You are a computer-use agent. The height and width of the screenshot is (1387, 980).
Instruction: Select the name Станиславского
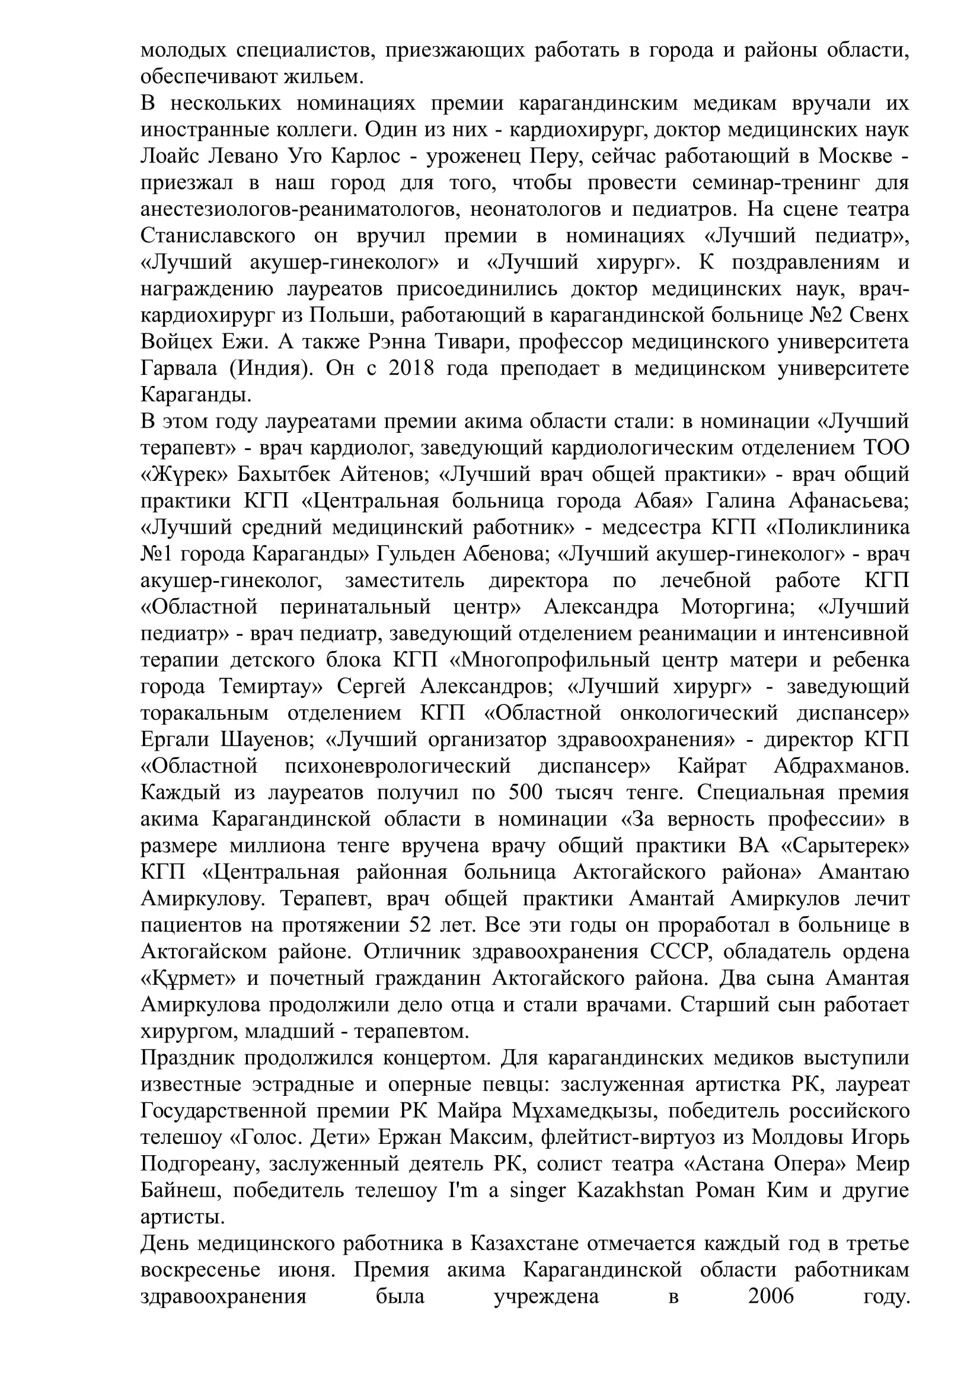[x=218, y=235]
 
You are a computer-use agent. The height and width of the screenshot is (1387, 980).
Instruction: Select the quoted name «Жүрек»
[x=185, y=475]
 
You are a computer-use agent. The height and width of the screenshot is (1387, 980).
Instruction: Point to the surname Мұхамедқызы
[x=586, y=1111]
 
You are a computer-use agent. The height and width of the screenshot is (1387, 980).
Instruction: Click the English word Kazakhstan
[x=631, y=1191]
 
